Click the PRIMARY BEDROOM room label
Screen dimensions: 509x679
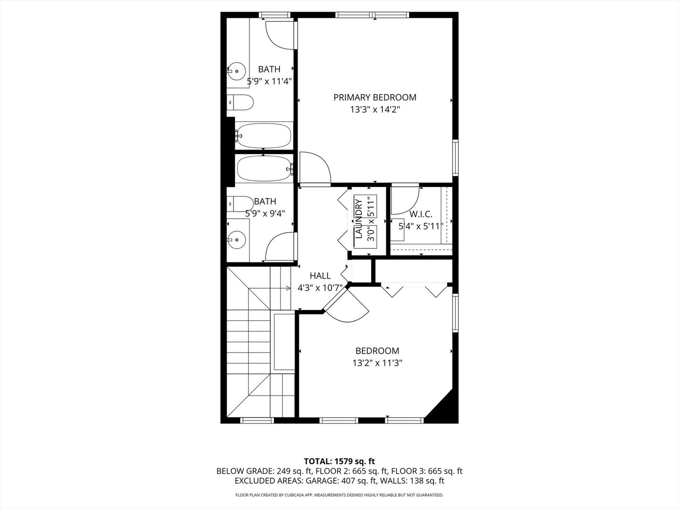375,98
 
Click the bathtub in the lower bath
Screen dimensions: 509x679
264,168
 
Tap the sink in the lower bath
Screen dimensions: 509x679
236,240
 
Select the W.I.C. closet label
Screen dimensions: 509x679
421,214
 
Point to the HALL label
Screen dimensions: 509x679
320,276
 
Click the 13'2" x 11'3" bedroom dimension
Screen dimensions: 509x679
377,363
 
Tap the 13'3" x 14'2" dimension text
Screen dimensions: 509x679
375,109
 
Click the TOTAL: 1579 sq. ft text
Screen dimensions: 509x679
339,460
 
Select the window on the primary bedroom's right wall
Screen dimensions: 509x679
455,158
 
